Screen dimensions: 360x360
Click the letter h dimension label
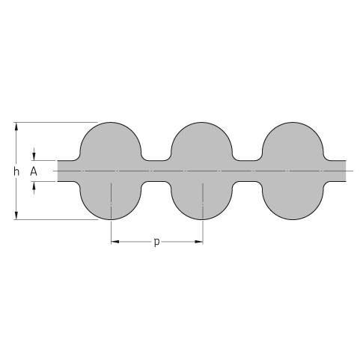(x=16, y=171)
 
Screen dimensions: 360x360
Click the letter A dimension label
(x=34, y=171)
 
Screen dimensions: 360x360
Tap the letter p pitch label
(x=156, y=242)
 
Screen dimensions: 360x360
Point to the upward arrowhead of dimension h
(x=16, y=126)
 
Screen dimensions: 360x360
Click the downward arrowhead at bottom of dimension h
(x=16, y=216)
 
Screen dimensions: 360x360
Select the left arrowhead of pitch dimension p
(x=115, y=242)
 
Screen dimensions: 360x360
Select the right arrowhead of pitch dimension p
(x=199, y=242)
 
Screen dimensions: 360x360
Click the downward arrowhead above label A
(x=34, y=157)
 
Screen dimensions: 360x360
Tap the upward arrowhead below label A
(x=34, y=185)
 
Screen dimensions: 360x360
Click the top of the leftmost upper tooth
(x=111, y=123)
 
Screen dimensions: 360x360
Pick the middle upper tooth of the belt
(x=201, y=141)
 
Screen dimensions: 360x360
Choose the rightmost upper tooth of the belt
(x=293, y=141)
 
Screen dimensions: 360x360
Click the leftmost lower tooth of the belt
(x=111, y=201)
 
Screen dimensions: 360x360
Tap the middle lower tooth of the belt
(x=201, y=201)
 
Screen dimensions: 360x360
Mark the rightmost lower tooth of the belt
(x=293, y=201)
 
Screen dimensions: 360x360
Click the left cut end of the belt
(x=58, y=171)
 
